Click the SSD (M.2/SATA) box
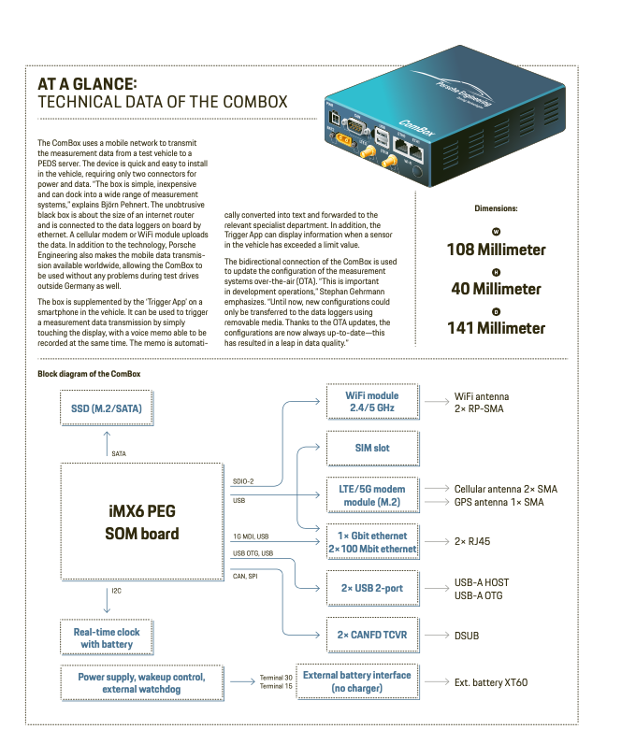tap(107, 408)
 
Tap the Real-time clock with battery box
tap(107, 638)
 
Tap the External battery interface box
tap(357, 681)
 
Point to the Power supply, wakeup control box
tap(141, 681)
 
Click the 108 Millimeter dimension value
tap(510, 250)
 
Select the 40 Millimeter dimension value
tap(510, 289)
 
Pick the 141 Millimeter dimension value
tap(510, 328)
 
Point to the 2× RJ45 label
tap(472, 541)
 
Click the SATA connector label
tap(119, 453)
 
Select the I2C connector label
tap(116, 590)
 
